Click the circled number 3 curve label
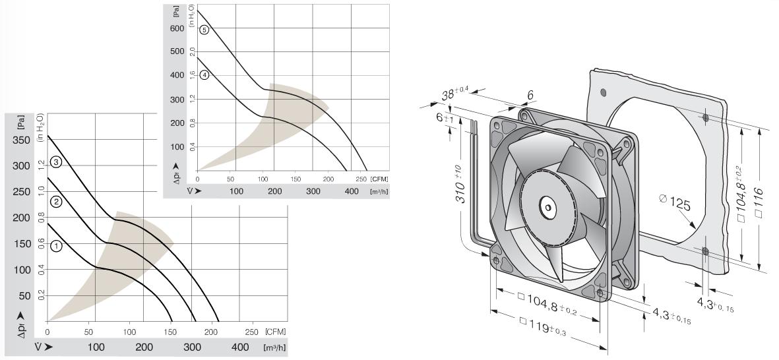tap(56, 162)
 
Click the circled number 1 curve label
tap(56, 245)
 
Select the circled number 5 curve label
tap(204, 30)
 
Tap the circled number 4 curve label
tap(204, 75)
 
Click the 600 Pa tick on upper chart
tap(177, 28)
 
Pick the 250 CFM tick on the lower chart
tap(252, 332)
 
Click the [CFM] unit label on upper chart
tap(379, 179)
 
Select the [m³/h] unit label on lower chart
tap(276, 347)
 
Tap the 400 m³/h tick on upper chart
tap(352, 191)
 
